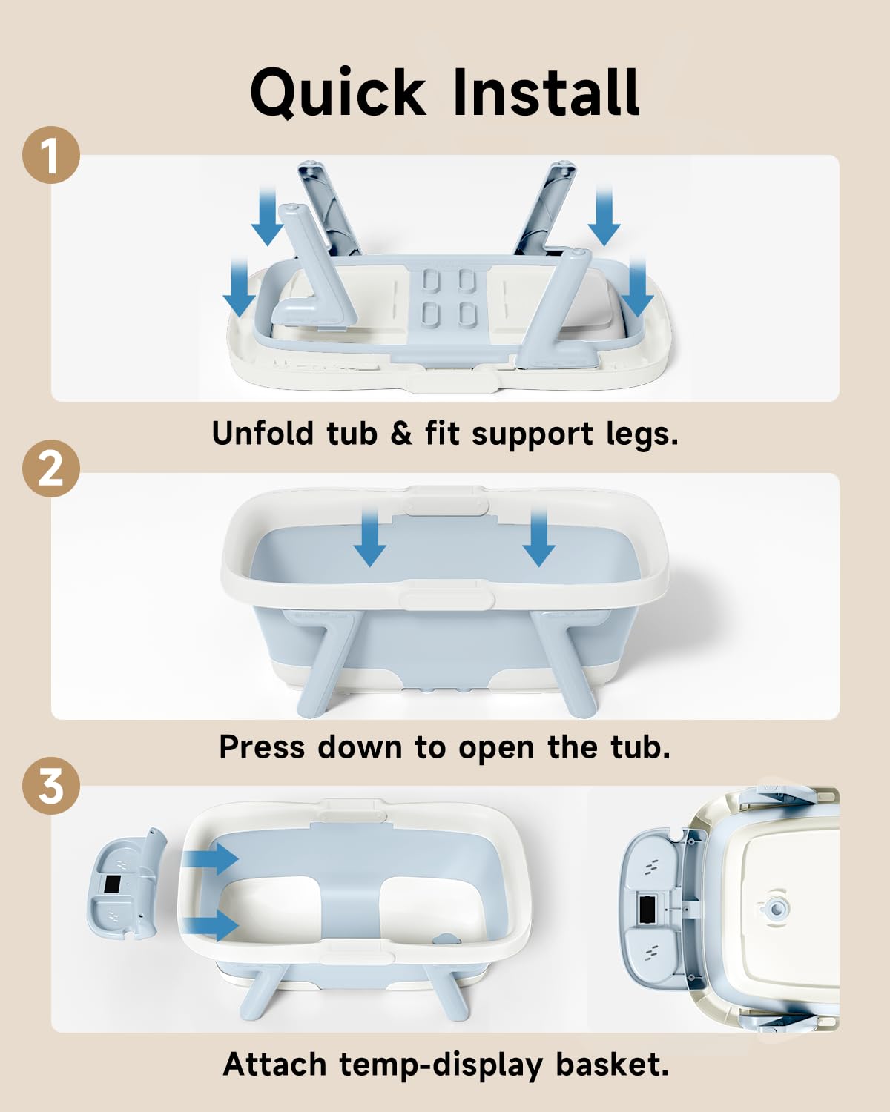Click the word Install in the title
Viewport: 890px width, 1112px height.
547,92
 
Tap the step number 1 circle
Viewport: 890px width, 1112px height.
50,155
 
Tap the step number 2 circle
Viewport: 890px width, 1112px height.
50,469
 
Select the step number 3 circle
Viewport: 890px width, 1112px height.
50,786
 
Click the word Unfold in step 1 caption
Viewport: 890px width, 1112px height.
263,433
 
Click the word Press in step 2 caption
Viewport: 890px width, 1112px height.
263,747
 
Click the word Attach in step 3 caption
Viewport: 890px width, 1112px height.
275,1065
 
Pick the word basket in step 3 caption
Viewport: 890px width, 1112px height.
612,1065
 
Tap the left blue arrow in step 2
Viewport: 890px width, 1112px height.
370,537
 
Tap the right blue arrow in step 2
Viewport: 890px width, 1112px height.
539,537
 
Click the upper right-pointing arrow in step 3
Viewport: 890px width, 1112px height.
209,858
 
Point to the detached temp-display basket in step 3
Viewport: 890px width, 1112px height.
126,884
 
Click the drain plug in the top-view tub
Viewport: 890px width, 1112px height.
774,908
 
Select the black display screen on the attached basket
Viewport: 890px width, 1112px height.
647,909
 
